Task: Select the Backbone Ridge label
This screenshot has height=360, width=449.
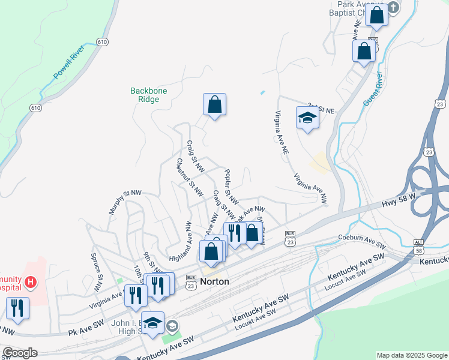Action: tap(149, 95)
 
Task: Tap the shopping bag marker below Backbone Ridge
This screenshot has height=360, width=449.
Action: tap(214, 105)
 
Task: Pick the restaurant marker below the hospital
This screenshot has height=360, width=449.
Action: tap(17, 308)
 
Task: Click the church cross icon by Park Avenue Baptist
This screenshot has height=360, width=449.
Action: tap(393, 8)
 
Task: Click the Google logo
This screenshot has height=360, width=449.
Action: tap(20, 353)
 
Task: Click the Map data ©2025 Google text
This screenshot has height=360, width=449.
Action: tap(411, 355)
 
